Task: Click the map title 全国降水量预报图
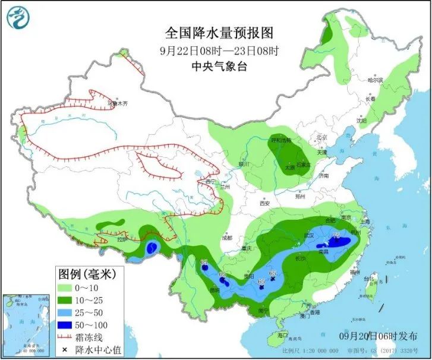point(216,31)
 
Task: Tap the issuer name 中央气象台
point(216,66)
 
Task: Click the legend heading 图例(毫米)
point(87,274)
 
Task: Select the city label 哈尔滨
point(375,80)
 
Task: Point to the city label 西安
point(264,204)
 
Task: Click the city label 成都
point(226,238)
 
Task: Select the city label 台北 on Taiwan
point(374,278)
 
